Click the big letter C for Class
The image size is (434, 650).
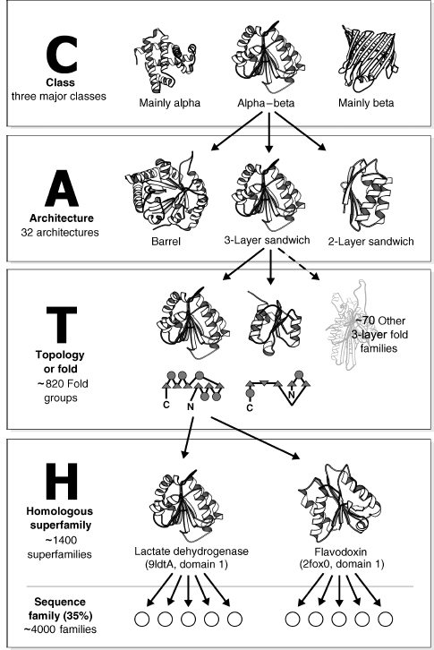(x=62, y=54)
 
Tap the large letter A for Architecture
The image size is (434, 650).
(x=62, y=188)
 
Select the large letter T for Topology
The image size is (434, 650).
(x=62, y=325)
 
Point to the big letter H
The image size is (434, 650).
(x=62, y=482)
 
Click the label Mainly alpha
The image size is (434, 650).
(x=169, y=103)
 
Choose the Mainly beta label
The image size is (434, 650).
(x=366, y=103)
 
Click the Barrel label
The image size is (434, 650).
(x=166, y=241)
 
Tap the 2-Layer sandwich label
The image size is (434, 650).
(x=370, y=241)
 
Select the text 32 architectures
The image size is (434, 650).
(x=60, y=232)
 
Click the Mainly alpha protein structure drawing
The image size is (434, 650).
(x=165, y=61)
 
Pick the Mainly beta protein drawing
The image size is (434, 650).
(x=368, y=58)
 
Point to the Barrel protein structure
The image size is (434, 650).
(x=166, y=192)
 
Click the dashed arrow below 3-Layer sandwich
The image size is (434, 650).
(x=298, y=264)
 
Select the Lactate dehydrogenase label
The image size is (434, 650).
(x=191, y=552)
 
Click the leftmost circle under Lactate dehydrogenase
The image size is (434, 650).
(x=142, y=620)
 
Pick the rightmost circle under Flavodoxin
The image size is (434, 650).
(x=385, y=620)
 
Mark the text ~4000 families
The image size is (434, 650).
(x=60, y=629)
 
